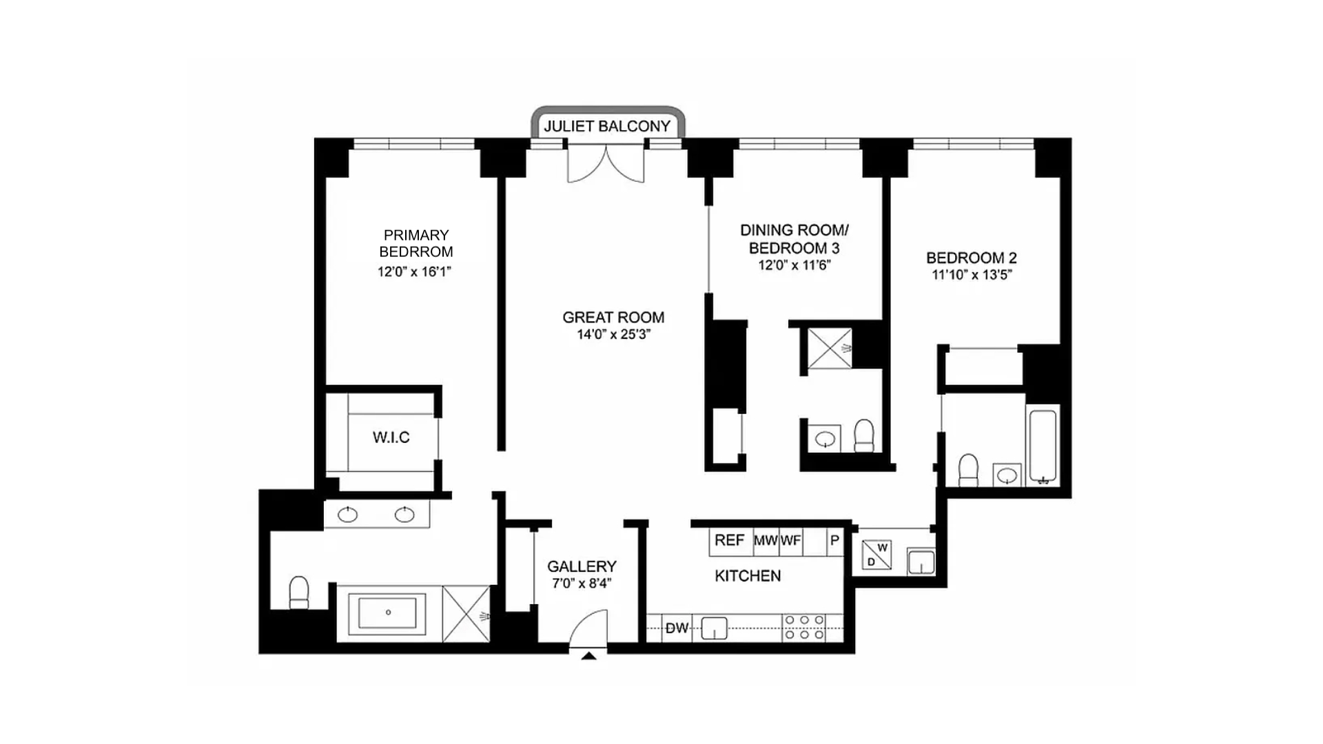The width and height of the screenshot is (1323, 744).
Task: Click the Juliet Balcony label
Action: pos(607,126)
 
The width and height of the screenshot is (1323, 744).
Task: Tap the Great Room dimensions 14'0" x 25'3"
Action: pos(613,335)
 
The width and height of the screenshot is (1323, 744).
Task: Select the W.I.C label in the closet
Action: pos(391,437)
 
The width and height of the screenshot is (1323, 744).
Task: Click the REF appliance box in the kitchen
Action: pos(729,541)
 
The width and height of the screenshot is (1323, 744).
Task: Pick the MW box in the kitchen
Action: pos(765,541)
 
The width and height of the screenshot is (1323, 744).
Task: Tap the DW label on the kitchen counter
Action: pos(677,628)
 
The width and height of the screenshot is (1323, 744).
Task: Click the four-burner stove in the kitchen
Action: pos(804,628)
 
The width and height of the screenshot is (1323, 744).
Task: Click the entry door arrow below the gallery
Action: pos(588,657)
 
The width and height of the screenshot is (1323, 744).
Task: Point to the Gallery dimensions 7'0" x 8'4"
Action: pos(582,584)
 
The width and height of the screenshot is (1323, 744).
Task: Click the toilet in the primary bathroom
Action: pos(299,592)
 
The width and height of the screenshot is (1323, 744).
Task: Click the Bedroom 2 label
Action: pos(971,258)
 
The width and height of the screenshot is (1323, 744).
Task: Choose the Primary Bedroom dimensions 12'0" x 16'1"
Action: pos(414,272)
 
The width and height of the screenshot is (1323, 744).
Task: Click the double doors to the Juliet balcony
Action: pos(606,164)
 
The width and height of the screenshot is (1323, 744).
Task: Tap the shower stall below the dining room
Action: pos(829,349)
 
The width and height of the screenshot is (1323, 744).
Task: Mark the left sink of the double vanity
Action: pos(348,515)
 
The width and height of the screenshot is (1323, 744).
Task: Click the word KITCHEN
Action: pos(748,576)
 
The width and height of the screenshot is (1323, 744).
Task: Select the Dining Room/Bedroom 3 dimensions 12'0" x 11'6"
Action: pos(794,265)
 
